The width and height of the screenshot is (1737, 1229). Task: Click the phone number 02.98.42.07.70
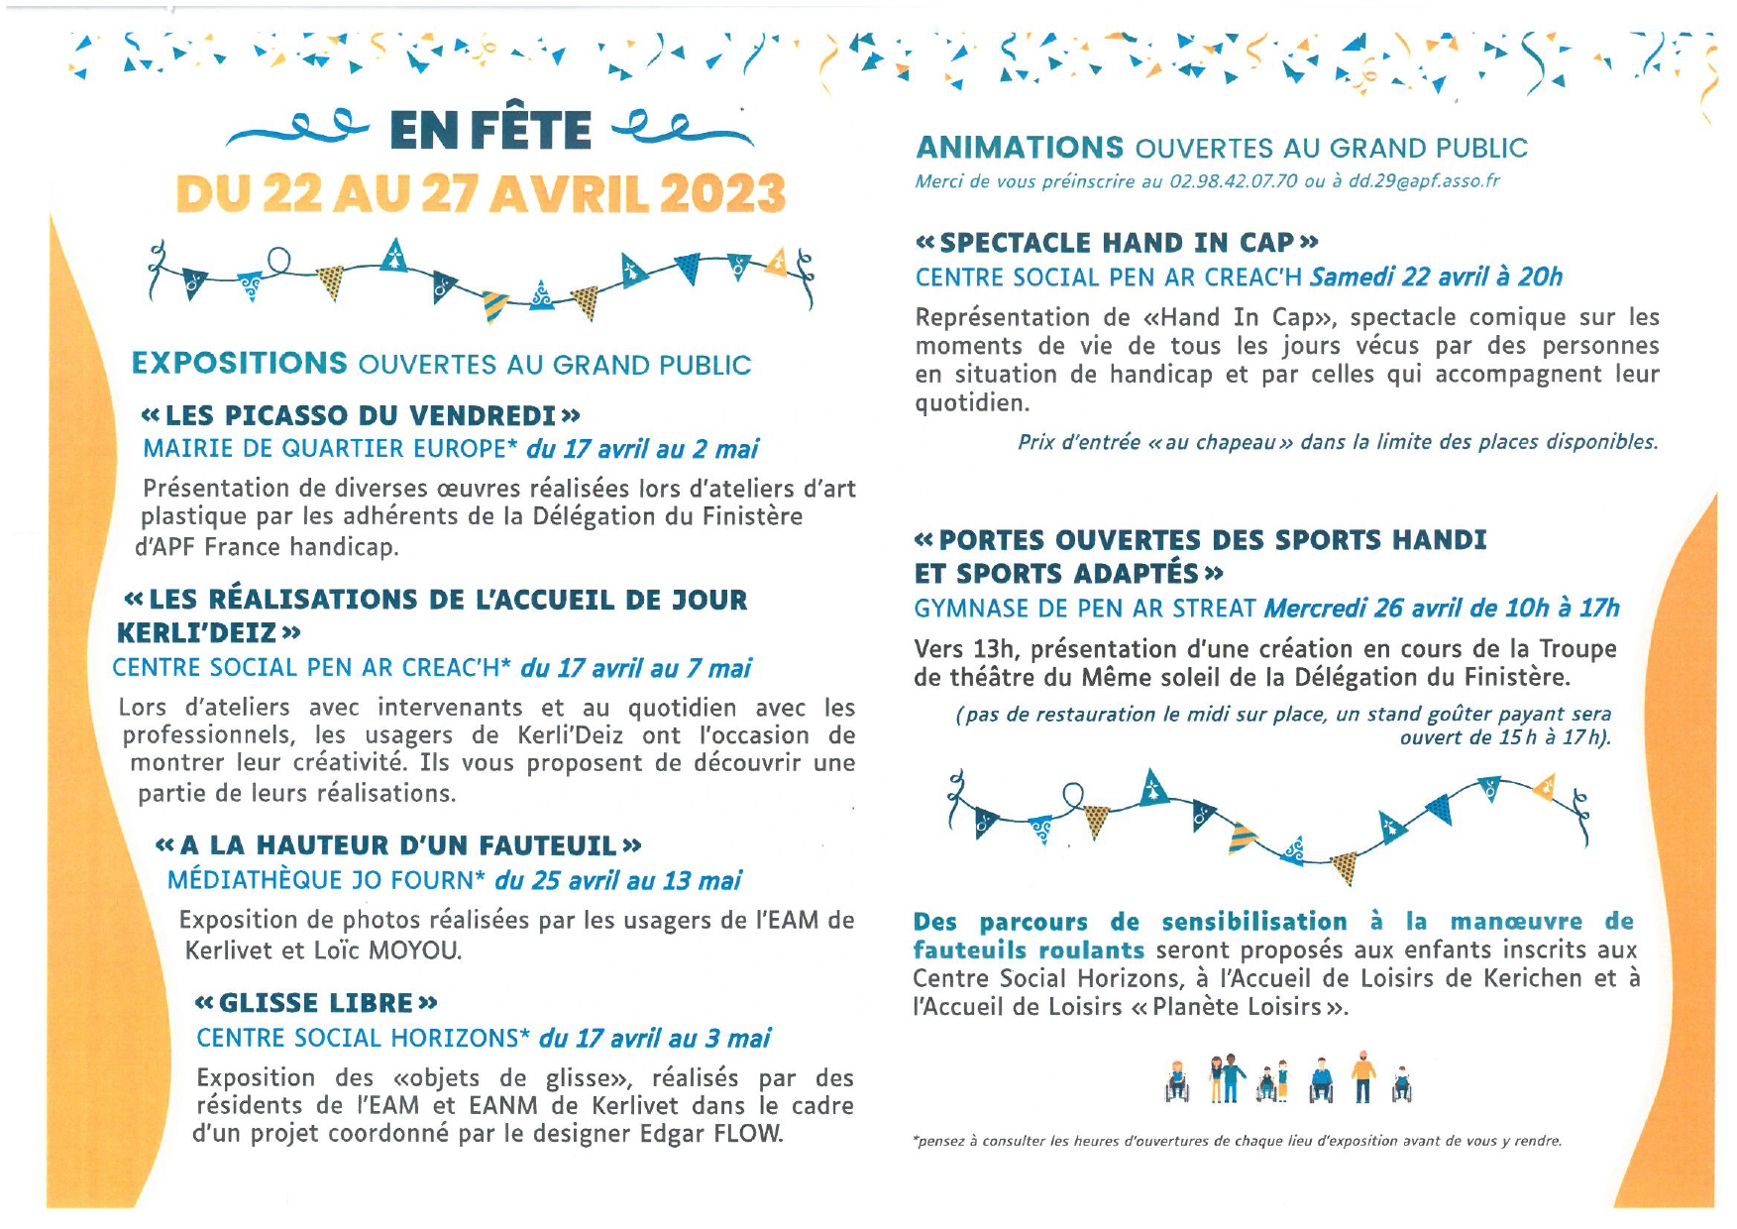click(x=1233, y=181)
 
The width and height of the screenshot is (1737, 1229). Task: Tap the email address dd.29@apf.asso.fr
click(x=1424, y=181)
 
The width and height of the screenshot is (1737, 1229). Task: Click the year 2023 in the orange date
click(x=722, y=193)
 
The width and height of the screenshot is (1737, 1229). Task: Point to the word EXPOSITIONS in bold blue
click(x=240, y=364)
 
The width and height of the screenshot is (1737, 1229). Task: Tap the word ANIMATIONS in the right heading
click(x=1020, y=148)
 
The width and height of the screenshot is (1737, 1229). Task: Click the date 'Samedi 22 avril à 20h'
click(x=1436, y=277)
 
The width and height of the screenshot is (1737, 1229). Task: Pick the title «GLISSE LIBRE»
click(x=316, y=1003)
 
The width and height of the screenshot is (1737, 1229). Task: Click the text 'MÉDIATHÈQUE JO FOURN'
click(x=320, y=880)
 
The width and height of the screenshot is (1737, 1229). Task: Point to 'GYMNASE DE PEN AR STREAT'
click(x=1085, y=608)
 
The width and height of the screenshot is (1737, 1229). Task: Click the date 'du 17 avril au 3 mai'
click(x=654, y=1038)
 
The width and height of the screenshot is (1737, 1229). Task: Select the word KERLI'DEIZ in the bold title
click(x=198, y=632)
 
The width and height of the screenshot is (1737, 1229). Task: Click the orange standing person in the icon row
click(x=1364, y=1077)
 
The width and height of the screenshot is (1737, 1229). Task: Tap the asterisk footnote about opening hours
click(x=1237, y=1141)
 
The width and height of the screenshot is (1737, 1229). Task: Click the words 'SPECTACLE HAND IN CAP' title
click(x=1117, y=243)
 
